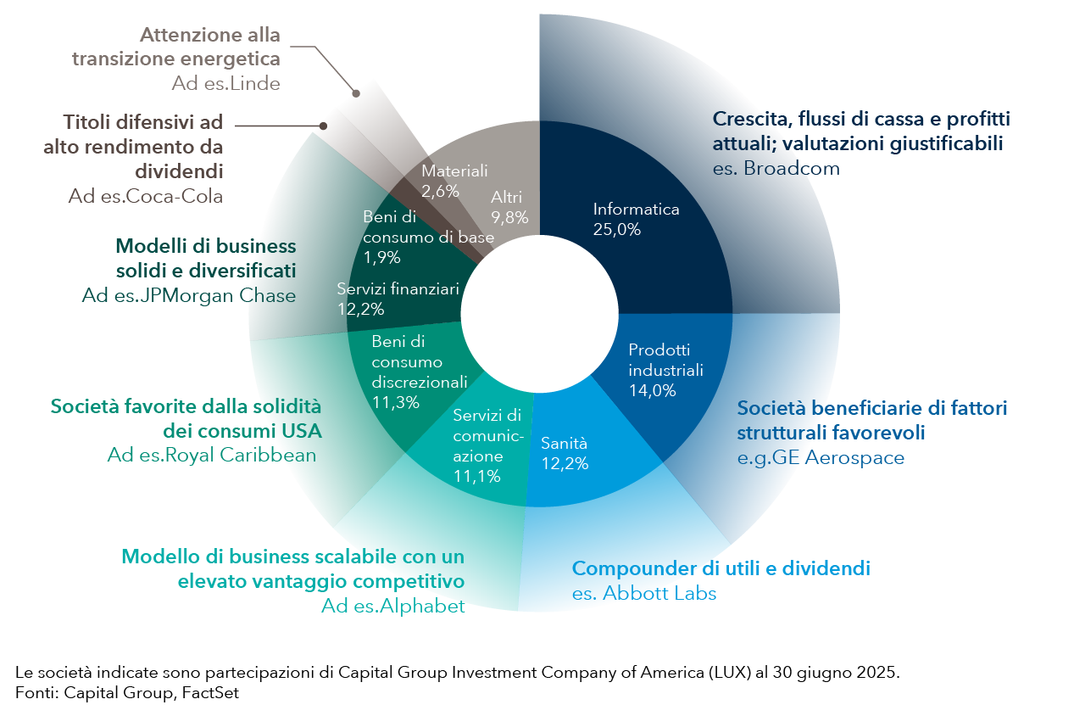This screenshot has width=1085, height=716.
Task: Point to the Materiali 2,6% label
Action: tap(454, 181)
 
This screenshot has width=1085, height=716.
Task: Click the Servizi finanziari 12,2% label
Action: tap(398, 299)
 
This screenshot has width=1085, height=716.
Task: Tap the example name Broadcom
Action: tap(792, 168)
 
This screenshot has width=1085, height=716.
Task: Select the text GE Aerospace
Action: tap(838, 457)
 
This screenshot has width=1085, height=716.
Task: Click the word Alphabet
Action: tap(422, 606)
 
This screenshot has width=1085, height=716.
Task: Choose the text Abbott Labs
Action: tap(659, 593)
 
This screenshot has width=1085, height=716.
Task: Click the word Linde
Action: tap(255, 83)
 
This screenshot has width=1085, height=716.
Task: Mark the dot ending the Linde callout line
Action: tap(356, 93)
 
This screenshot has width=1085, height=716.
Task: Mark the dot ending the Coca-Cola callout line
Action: tap(323, 126)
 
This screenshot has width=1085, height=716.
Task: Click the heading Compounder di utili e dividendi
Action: tap(721, 568)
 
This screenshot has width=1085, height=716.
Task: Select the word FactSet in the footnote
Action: tap(210, 693)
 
